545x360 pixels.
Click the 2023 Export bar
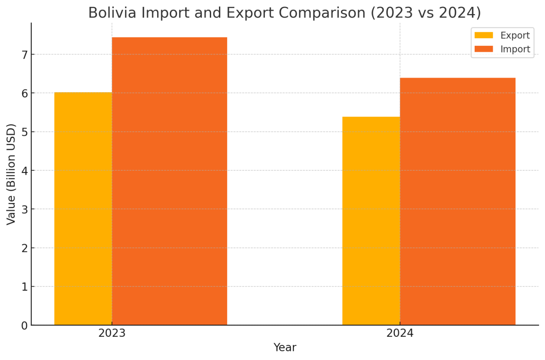[83, 209]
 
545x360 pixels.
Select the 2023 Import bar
[169, 182]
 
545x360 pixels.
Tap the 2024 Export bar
[371, 221]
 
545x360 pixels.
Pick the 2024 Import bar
[457, 202]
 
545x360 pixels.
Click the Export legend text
[515, 35]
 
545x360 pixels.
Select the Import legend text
[515, 49]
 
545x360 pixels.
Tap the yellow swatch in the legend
[483, 35]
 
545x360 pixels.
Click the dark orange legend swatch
[483, 49]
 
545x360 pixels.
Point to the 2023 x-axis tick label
[112, 333]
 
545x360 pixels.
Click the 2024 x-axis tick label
[400, 333]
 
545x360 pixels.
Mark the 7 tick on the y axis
[24, 54]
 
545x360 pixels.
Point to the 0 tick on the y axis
[24, 325]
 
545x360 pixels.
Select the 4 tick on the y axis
[24, 171]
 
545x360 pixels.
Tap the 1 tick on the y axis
[24, 287]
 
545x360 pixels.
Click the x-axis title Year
[285, 348]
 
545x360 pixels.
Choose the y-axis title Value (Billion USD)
[11, 174]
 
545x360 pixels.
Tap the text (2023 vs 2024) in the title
[426, 13]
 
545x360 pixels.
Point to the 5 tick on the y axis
[24, 132]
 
